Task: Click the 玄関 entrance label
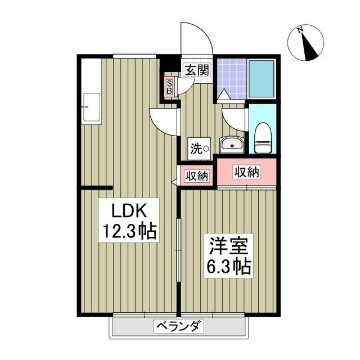(x=197, y=70)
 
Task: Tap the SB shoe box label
(x=170, y=87)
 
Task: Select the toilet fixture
(x=263, y=138)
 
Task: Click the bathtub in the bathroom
(x=262, y=79)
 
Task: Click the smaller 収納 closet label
(x=197, y=176)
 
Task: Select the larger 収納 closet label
(x=246, y=172)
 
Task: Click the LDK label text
(x=129, y=211)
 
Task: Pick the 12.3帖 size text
(x=129, y=231)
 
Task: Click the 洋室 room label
(x=228, y=246)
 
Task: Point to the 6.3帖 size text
(x=228, y=267)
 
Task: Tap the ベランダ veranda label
(x=178, y=326)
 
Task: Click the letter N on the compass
(x=300, y=30)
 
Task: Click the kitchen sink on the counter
(x=92, y=107)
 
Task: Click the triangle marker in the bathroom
(x=224, y=94)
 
